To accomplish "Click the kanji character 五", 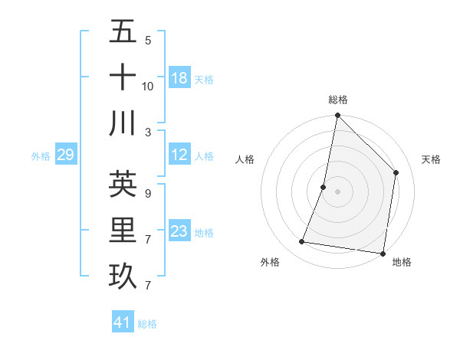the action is point(123,32).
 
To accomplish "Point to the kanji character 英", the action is point(123,184).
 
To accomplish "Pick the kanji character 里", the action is point(123,230).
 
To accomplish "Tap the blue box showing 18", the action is point(179,78).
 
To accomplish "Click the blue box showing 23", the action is point(179,232).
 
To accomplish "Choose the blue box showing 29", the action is point(65,155).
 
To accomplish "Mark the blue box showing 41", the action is point(123,323).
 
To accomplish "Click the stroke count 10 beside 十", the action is point(148,86).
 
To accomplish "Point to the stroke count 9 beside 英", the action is point(147,193).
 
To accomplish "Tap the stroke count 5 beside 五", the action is point(147,40).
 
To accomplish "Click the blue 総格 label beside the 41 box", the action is point(147,324).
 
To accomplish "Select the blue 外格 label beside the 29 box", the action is point(41,156).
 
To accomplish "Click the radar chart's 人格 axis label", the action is point(245,159).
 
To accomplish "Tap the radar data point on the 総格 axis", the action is point(337,116).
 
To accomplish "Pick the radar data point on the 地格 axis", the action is point(382,253).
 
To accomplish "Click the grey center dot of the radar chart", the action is point(337,191).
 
